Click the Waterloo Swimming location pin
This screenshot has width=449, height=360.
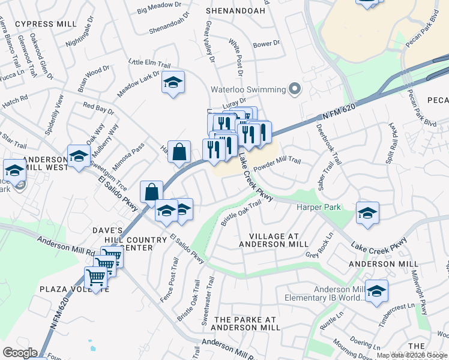(294, 89)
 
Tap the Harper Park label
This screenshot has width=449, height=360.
(319, 208)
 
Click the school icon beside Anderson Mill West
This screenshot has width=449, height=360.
(79, 157)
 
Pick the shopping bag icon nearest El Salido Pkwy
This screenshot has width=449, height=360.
(152, 192)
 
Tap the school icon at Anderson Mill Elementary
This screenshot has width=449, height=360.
(376, 291)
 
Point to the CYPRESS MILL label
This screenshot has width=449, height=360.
(46, 23)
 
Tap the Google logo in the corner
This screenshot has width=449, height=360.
(20, 353)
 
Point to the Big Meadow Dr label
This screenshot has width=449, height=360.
(159, 7)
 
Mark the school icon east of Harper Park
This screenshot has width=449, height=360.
(367, 213)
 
